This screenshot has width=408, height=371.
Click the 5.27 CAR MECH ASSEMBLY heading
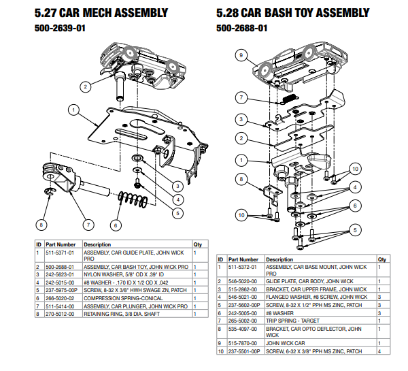101,13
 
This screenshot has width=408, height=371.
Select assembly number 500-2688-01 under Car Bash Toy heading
241,28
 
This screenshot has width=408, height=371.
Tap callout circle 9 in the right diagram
241,55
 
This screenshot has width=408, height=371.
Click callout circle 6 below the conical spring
116,225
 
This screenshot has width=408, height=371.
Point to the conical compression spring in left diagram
133,200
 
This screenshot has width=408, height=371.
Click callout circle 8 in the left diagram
41,225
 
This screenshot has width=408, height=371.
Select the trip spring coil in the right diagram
290,98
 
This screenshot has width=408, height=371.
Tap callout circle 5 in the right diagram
355,230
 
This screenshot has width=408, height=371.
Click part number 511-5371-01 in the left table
60,253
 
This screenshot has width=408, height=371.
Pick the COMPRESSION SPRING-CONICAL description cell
123,298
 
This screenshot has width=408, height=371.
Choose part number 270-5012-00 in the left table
60,314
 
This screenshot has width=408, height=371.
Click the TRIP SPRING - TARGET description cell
292,321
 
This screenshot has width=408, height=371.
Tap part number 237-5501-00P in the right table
244,351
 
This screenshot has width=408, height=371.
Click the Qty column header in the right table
382,259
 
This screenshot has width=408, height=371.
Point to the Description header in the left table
97,244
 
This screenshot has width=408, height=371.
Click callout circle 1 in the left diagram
73,110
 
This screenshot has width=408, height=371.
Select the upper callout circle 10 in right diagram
355,169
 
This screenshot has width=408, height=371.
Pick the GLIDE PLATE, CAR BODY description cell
309,281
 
